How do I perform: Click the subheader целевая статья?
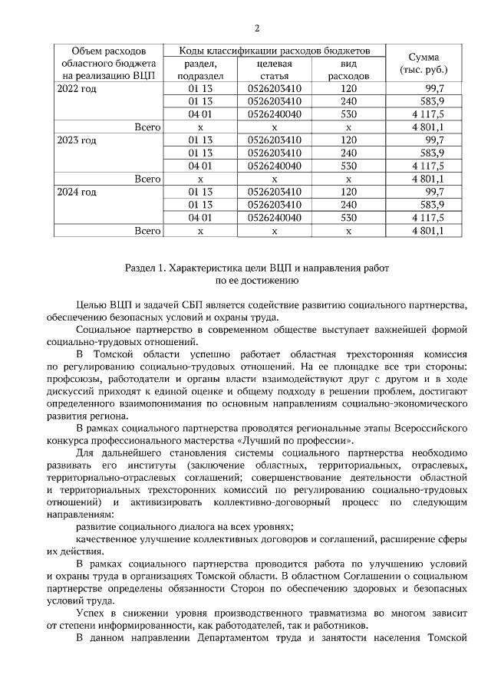tap(274, 70)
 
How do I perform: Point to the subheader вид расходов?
tap(348, 70)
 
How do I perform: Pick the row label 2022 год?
tap(77, 89)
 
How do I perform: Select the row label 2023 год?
tap(77, 140)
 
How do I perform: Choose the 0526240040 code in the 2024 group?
tap(275, 217)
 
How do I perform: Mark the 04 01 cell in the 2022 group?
tap(200, 114)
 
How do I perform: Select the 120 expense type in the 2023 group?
tap(348, 140)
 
